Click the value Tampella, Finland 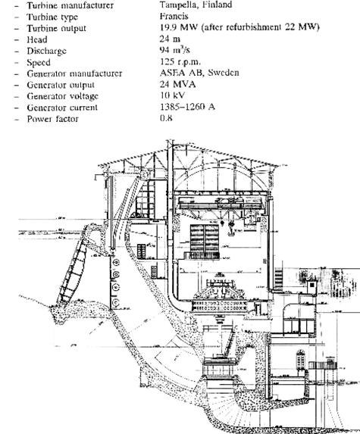pos(196,5)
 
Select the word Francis pos(174,17)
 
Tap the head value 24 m pos(170,39)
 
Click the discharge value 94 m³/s pos(175,50)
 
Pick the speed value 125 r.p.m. pos(180,61)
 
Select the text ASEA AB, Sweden pos(199,73)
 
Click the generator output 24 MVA pos(178,84)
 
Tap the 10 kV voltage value pos(172,95)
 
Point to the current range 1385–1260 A pos(187,107)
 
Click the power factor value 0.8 pos(166,118)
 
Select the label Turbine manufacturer pos(70,5)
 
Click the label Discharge pos(46,51)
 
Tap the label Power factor pos(52,119)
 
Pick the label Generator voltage pos(63,96)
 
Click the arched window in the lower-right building pos(300,359)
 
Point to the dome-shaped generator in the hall pos(221,290)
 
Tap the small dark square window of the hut pos(312,285)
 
